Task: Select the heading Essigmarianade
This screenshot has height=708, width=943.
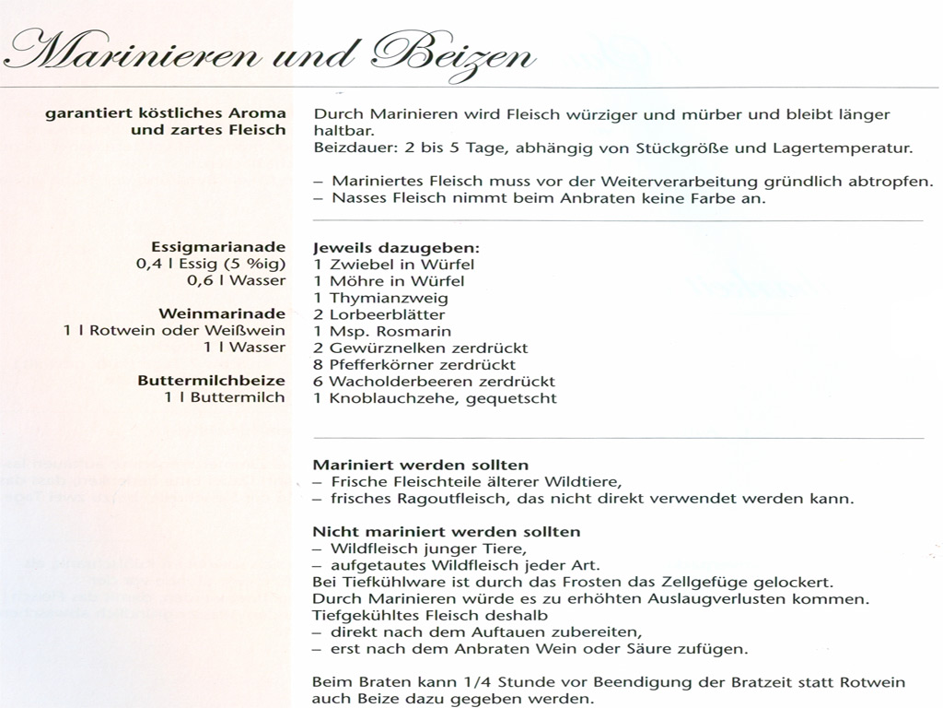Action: click(x=218, y=247)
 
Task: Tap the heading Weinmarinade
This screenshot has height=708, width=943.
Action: click(x=222, y=313)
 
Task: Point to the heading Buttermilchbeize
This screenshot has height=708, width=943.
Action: click(x=212, y=380)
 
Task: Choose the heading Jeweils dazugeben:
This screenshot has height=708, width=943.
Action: click(x=396, y=248)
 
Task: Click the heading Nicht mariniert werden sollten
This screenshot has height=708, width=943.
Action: click(x=447, y=532)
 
